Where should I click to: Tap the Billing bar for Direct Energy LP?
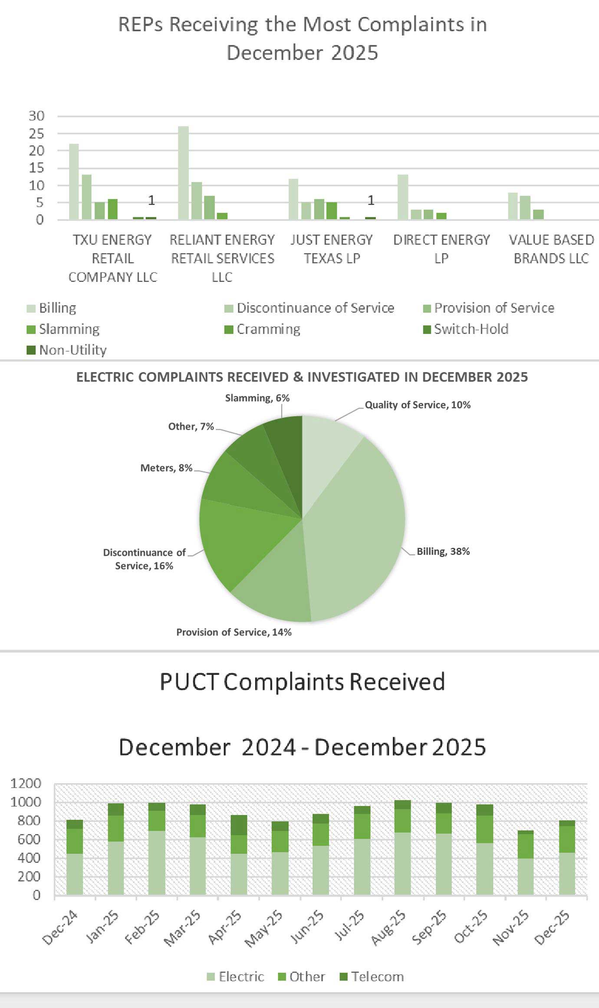(402, 197)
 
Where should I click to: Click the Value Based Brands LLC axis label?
(551, 249)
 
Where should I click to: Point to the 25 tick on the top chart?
(36, 134)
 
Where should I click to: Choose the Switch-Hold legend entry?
(471, 329)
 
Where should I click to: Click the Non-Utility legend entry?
(72, 350)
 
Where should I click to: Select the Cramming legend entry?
(268, 329)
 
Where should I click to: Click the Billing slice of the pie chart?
(356, 529)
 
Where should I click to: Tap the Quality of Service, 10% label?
(417, 405)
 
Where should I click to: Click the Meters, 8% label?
(166, 468)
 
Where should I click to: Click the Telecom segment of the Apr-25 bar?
(238, 825)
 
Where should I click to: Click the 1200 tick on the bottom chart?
(26, 784)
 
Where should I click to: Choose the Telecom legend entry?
(377, 976)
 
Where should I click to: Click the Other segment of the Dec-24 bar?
(75, 841)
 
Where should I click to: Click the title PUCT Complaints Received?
(302, 681)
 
